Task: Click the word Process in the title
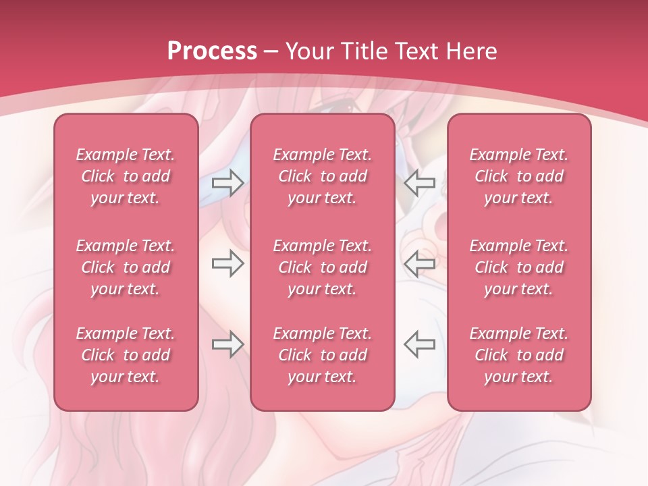tap(212, 51)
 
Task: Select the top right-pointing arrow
tap(227, 182)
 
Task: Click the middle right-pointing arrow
tap(227, 263)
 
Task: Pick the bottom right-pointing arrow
tap(227, 344)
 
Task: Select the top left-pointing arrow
tap(419, 182)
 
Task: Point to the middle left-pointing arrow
tap(419, 263)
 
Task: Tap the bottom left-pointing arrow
tap(419, 344)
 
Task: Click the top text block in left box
tap(126, 176)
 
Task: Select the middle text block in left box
tap(126, 267)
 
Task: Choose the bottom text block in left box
tap(126, 355)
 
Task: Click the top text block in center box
tap(323, 176)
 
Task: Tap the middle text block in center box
tap(323, 267)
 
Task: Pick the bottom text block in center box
tap(323, 355)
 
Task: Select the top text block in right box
tap(519, 176)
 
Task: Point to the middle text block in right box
tap(519, 267)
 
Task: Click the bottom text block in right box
tap(519, 355)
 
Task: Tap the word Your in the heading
tap(308, 51)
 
